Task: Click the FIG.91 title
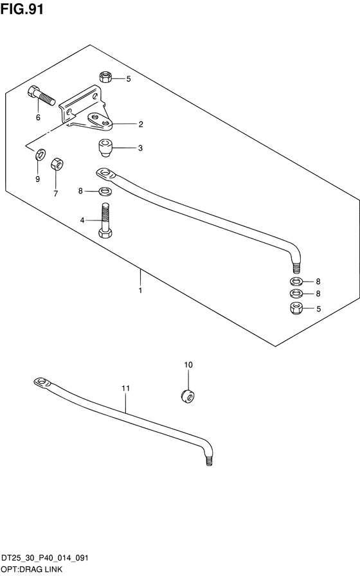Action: (x=22, y=9)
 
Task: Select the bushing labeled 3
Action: (x=105, y=148)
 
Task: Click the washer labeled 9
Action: (x=40, y=154)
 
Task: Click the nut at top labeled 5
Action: (x=105, y=77)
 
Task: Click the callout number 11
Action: (x=125, y=388)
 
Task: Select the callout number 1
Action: (x=140, y=291)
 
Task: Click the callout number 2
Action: (x=141, y=124)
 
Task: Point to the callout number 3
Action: (x=140, y=148)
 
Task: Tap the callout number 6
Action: (x=38, y=118)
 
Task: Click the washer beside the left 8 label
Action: (x=105, y=192)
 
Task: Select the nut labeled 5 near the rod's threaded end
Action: (x=296, y=308)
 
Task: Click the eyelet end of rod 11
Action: (x=42, y=382)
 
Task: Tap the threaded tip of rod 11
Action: (x=209, y=461)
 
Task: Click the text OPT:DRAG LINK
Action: (x=32, y=570)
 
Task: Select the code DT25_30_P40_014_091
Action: (x=45, y=558)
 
